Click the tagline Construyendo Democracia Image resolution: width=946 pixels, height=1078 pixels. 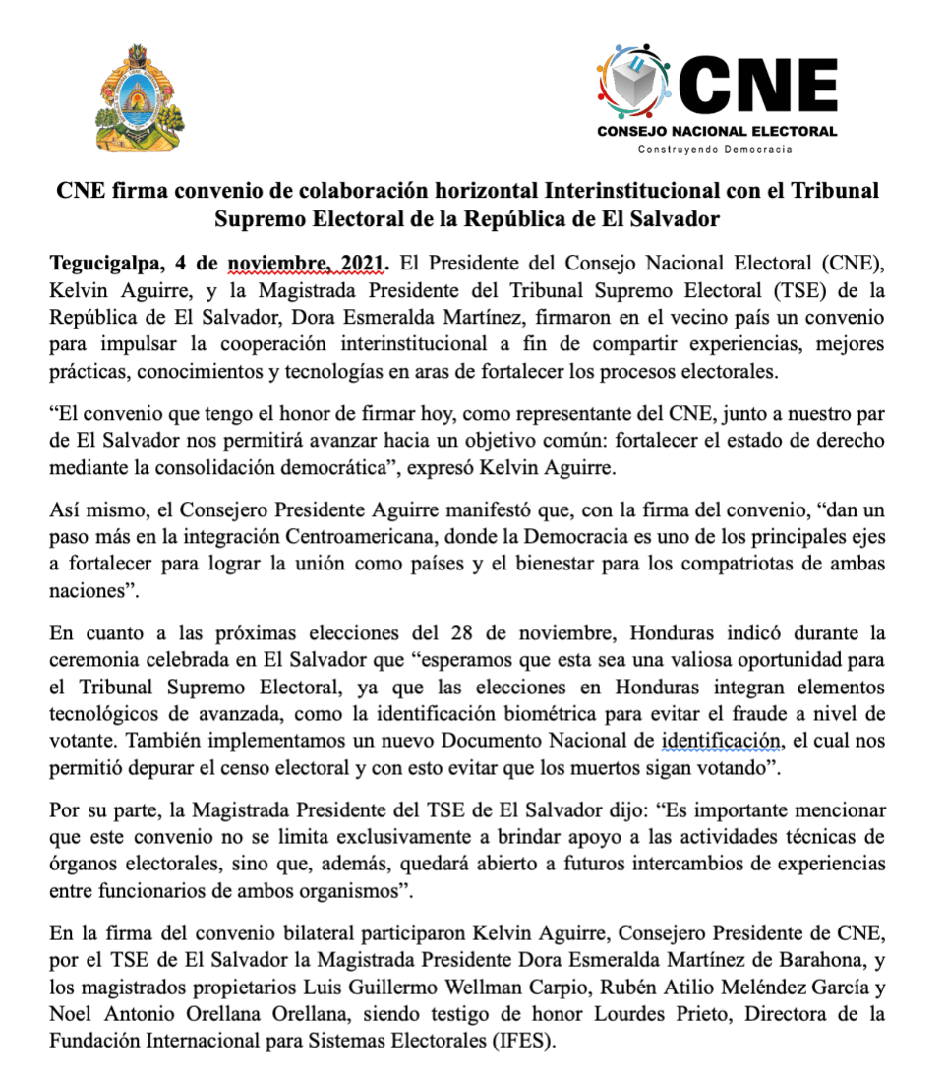coord(715,150)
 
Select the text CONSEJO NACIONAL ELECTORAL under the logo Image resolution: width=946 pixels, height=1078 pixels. coord(717,131)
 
